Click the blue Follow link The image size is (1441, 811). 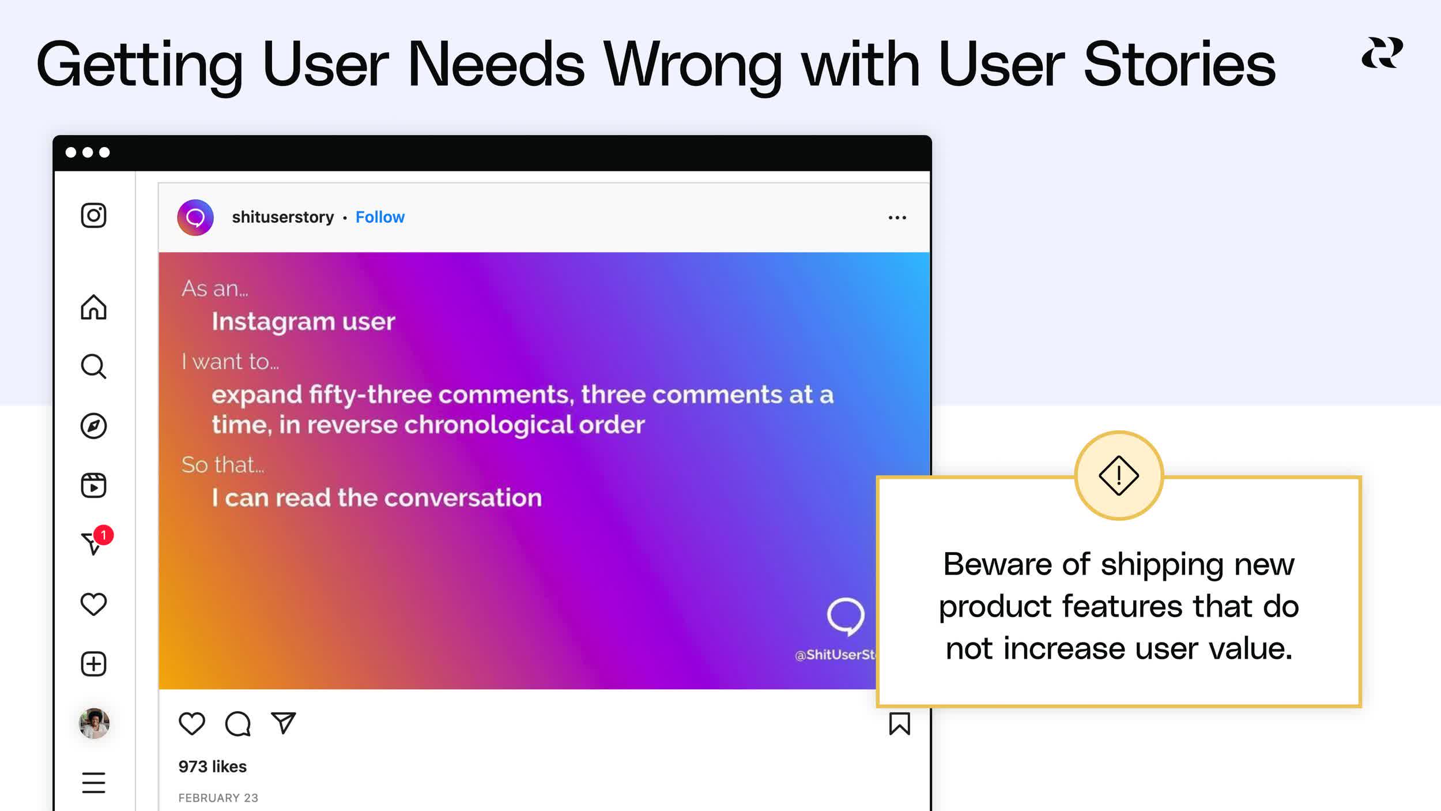(x=380, y=217)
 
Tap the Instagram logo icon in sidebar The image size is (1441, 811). (x=93, y=216)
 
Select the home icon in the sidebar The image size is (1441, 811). (x=93, y=307)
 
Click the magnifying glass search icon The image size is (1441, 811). (x=93, y=366)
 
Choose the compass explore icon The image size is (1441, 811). (x=93, y=426)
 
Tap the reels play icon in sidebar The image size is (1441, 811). (x=93, y=485)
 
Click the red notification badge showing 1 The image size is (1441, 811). (x=104, y=535)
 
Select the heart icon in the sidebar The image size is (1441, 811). (x=93, y=604)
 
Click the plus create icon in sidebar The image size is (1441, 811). (x=93, y=664)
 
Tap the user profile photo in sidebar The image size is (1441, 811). (x=94, y=723)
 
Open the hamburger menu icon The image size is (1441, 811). (x=93, y=783)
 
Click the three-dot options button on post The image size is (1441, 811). (x=897, y=217)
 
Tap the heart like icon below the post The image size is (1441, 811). (x=192, y=723)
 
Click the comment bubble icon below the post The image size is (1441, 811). (x=237, y=724)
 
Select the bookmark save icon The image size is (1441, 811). (x=899, y=723)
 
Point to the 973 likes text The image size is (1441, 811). (x=212, y=767)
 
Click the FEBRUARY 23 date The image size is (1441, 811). (x=218, y=798)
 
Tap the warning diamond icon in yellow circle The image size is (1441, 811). (x=1118, y=476)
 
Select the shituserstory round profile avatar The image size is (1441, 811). (x=195, y=217)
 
